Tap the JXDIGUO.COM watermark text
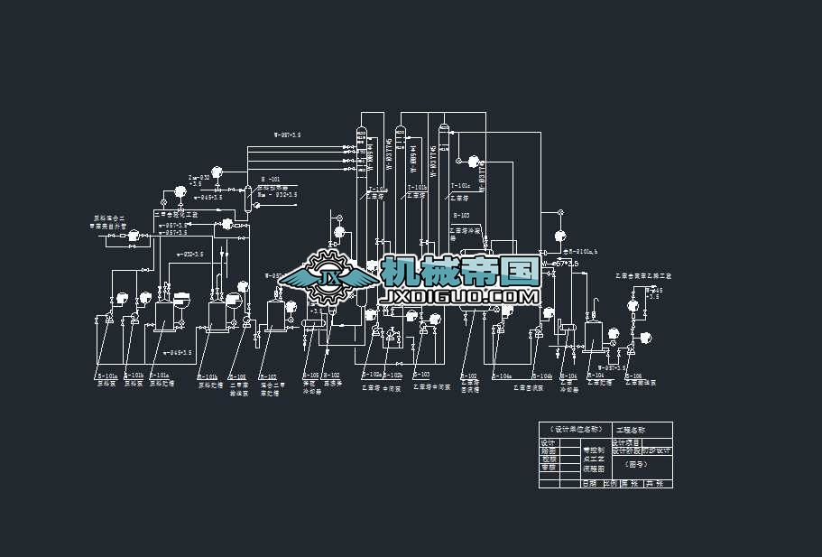pos(460,296)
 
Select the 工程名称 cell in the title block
pos(631,430)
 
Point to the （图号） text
pos(635,465)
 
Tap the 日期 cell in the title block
pos(589,484)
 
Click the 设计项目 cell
pos(625,442)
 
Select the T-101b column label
pos(418,188)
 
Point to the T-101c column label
pos(460,187)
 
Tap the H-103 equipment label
pos(461,215)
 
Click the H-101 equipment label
pos(271,179)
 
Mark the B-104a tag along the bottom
pos(502,376)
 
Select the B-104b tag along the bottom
pos(542,376)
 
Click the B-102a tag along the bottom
pos(371,374)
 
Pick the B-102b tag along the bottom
pos(393,374)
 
